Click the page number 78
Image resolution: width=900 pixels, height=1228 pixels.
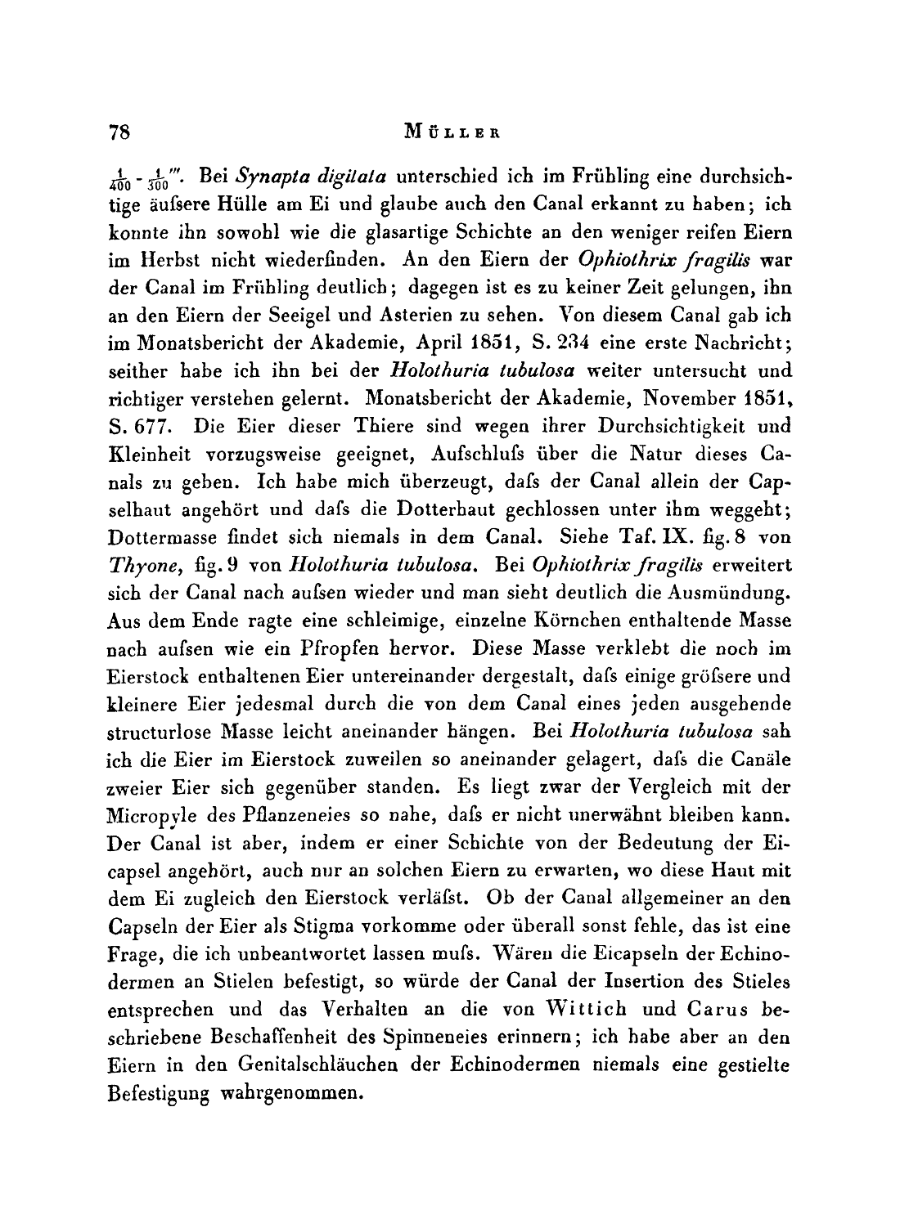120,132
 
